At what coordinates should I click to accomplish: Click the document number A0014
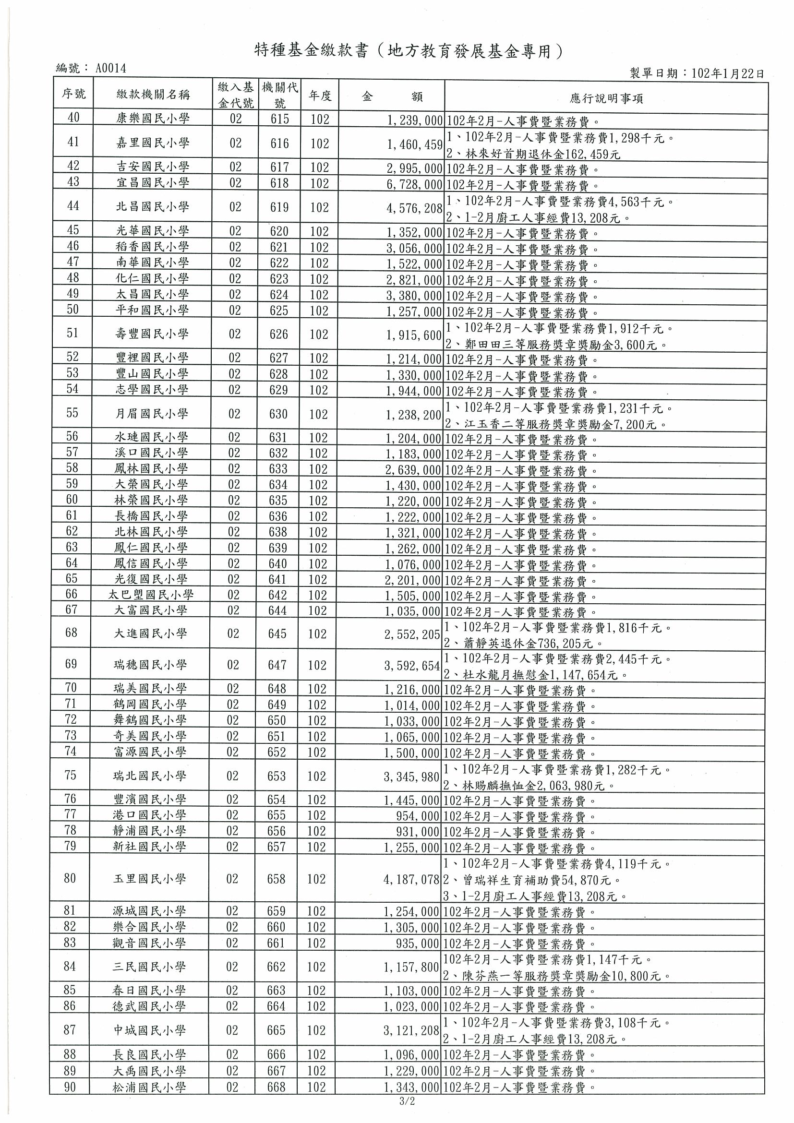110,69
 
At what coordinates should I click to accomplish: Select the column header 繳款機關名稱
153,95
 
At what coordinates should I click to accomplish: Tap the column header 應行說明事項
606,99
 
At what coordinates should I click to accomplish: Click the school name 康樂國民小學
153,119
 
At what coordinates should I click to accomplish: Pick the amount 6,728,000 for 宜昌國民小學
414,183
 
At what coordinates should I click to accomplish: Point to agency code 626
279,334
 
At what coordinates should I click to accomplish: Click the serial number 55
72,413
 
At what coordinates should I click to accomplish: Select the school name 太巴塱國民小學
151,595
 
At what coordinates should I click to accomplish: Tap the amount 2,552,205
412,634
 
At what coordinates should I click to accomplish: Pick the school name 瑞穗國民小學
150,665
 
